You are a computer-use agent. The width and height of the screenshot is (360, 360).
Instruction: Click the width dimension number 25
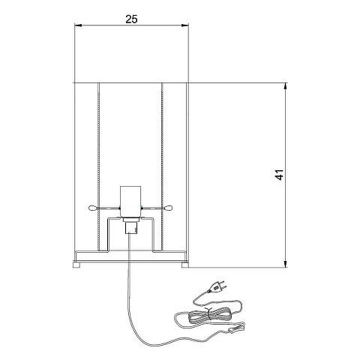[x=131, y=19]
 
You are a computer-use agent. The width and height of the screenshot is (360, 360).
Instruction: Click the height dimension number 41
[x=280, y=175]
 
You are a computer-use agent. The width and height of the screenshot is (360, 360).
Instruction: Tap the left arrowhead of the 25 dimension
[x=78, y=25]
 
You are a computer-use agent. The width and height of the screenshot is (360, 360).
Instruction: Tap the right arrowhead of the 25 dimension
[x=184, y=25]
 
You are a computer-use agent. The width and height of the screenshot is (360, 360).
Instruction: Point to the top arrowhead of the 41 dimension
[x=286, y=86]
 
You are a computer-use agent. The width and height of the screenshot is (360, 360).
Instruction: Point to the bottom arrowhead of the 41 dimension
[x=286, y=264]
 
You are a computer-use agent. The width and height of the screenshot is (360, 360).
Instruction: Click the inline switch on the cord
[x=236, y=328]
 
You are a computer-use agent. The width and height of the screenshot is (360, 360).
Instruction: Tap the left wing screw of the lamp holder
[x=93, y=208]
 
